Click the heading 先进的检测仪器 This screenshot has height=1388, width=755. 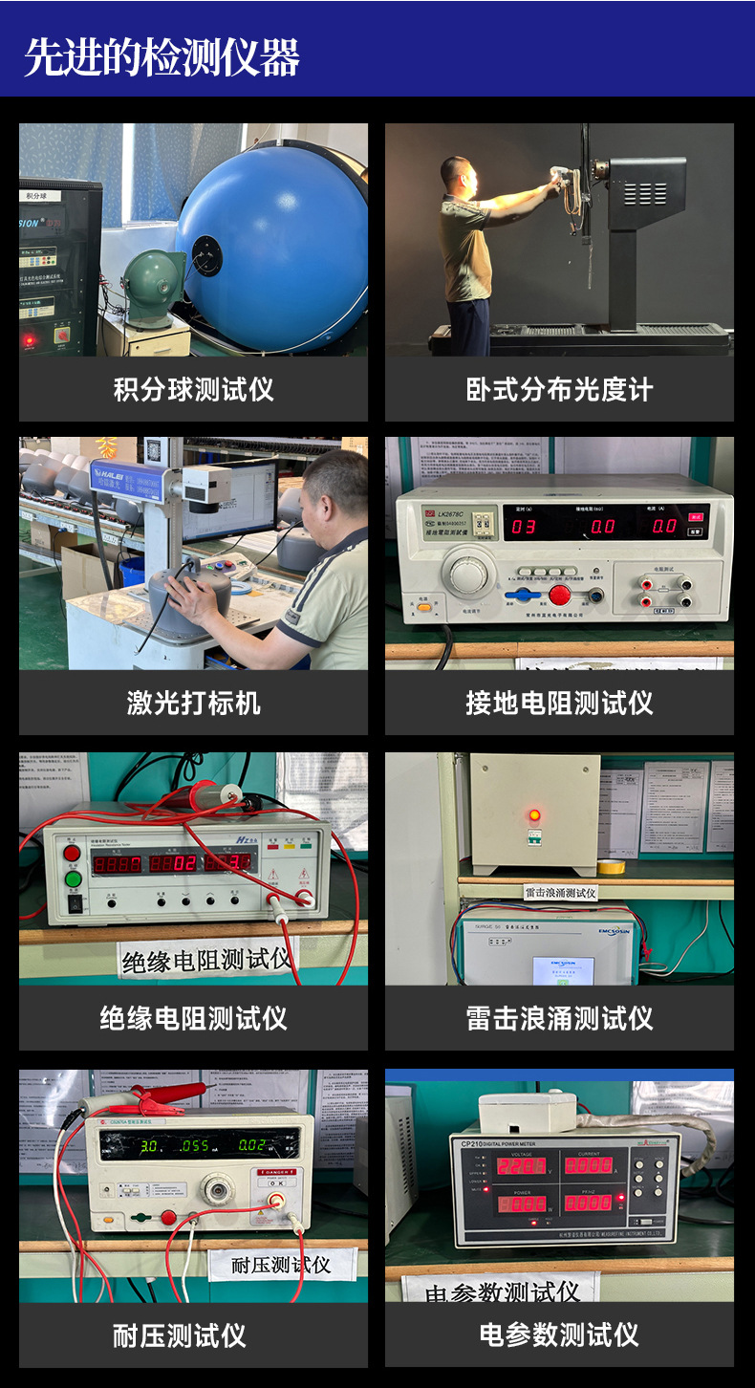coord(162,56)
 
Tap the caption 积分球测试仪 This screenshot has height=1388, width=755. coord(193,389)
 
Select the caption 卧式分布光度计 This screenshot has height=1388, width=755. coord(559,389)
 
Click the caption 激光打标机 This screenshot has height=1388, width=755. coord(193,704)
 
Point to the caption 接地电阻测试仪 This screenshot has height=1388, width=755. coord(559,704)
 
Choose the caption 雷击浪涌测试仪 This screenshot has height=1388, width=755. coord(559,1018)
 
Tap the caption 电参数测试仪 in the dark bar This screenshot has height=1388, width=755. coord(559,1334)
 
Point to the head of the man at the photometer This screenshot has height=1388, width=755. coord(457,173)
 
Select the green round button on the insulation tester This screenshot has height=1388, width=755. coord(73,878)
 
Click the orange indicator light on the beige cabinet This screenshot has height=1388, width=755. coord(534,815)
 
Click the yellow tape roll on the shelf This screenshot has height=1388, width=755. coord(611,866)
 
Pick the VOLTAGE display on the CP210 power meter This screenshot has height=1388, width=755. coord(522,1166)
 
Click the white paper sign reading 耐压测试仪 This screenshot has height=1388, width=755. coord(281,1265)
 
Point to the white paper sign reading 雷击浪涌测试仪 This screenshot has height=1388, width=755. coord(560,893)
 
